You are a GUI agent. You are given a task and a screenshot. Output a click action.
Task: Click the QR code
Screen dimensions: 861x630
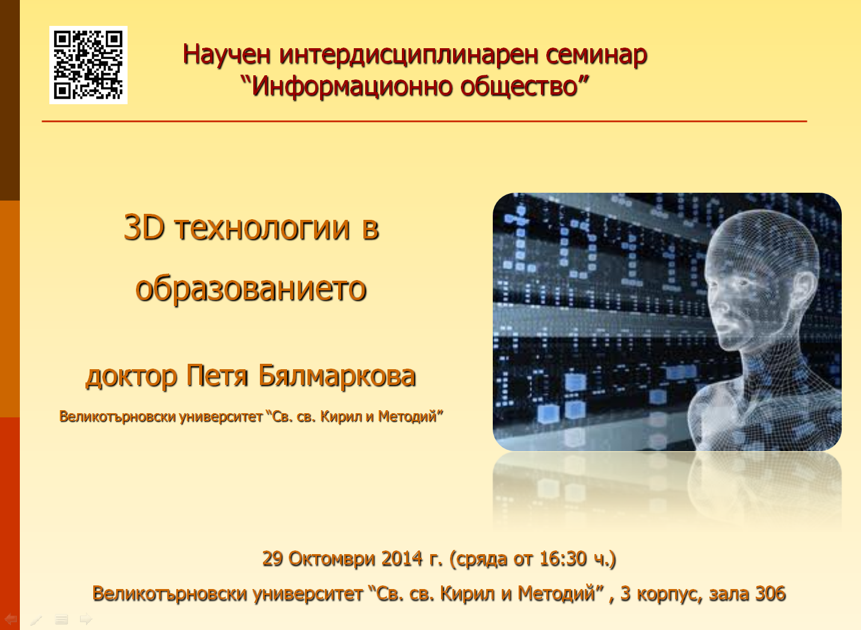tap(88, 64)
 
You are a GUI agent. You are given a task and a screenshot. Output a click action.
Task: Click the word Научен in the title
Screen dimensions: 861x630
tap(226, 54)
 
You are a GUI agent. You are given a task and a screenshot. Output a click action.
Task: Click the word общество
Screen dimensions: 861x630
tap(519, 86)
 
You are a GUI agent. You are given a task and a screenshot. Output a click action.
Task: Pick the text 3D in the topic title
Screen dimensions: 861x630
tap(144, 228)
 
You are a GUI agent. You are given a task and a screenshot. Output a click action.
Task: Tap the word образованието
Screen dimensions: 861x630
tap(251, 289)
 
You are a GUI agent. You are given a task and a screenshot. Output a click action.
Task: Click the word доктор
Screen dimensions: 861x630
tap(131, 377)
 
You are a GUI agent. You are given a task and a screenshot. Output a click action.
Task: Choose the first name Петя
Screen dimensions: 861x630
tap(217, 375)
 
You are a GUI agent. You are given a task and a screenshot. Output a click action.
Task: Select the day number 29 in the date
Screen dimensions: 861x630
tap(273, 558)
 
